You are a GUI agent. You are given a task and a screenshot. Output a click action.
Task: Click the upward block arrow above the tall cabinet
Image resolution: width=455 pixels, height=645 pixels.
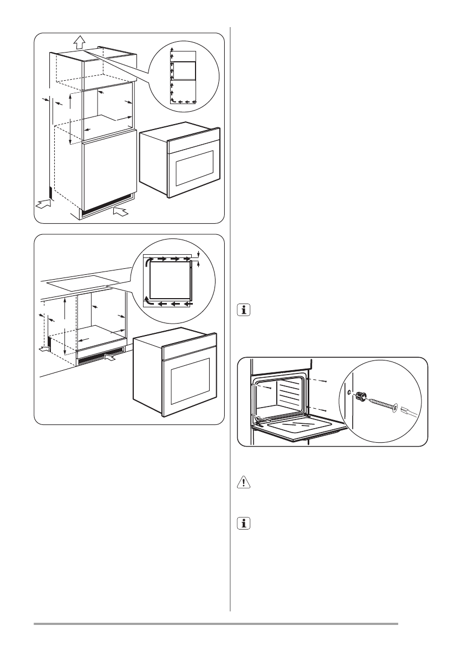pyautogui.click(x=80, y=41)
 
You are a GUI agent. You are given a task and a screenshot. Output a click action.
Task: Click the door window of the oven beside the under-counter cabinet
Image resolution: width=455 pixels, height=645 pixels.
pyautogui.click(x=189, y=380)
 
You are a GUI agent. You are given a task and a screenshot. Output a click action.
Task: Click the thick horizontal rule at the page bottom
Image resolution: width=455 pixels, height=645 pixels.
pyautogui.click(x=216, y=624)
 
